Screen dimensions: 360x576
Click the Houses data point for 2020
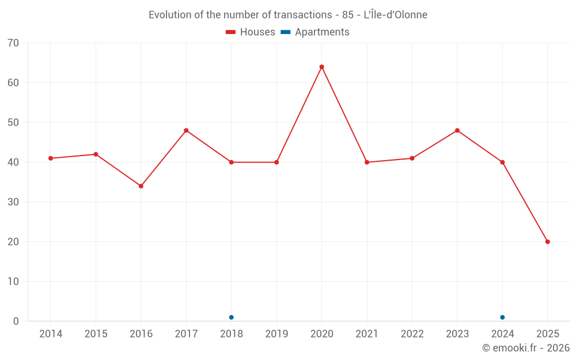pyautogui.click(x=321, y=67)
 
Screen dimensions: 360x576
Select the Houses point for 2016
pyautogui.click(x=141, y=186)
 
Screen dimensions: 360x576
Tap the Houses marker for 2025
pyautogui.click(x=547, y=242)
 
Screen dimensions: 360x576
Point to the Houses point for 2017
pyautogui.click(x=186, y=131)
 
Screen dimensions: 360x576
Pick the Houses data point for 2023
pyautogui.click(x=457, y=131)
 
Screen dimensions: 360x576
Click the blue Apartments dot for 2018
pyautogui.click(x=231, y=317)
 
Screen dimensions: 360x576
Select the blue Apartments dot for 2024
pyautogui.click(x=502, y=317)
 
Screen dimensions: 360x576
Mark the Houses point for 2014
pyautogui.click(x=51, y=158)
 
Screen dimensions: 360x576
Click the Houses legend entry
pyautogui.click(x=251, y=32)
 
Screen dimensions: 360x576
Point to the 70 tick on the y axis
pyautogui.click(x=13, y=43)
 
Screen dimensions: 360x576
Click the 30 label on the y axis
pyautogui.click(x=13, y=202)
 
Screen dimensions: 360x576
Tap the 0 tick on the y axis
pyautogui.click(x=16, y=321)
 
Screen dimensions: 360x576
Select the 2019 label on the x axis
pyautogui.click(x=276, y=334)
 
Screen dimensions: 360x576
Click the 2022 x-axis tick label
pyautogui.click(x=412, y=334)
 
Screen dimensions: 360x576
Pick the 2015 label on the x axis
pyautogui.click(x=96, y=334)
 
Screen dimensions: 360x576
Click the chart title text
pyautogui.click(x=288, y=15)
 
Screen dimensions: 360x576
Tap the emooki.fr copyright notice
pyautogui.click(x=525, y=348)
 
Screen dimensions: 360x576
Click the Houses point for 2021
pyautogui.click(x=367, y=162)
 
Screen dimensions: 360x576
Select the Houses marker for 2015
pyautogui.click(x=96, y=154)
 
